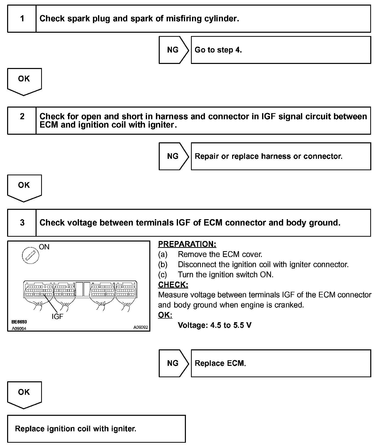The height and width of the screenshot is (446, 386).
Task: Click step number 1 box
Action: (x=22, y=19)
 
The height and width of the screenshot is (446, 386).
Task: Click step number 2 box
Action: (x=22, y=120)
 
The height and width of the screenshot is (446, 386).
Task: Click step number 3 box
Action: (x=22, y=222)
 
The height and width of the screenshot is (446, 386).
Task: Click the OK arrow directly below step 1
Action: (x=24, y=81)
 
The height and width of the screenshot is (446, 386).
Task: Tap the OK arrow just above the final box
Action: (x=24, y=394)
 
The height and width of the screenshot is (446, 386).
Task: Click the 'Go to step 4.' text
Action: (x=218, y=50)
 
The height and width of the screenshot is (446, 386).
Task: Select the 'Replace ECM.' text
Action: (x=220, y=363)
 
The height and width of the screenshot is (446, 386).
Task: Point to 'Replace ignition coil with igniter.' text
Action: (x=76, y=428)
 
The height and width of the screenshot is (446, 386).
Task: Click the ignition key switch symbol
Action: (x=30, y=255)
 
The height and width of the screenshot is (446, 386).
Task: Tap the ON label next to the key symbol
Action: (x=44, y=247)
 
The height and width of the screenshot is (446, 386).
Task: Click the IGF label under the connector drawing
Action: (x=57, y=316)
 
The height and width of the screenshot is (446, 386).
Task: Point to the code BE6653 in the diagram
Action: (x=19, y=322)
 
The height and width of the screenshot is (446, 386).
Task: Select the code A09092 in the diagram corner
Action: (x=141, y=327)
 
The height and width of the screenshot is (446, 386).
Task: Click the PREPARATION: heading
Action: (x=187, y=244)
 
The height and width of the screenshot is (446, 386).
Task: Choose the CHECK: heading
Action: (x=173, y=285)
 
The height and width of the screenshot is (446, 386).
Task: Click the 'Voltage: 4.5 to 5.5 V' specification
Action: (x=215, y=325)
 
